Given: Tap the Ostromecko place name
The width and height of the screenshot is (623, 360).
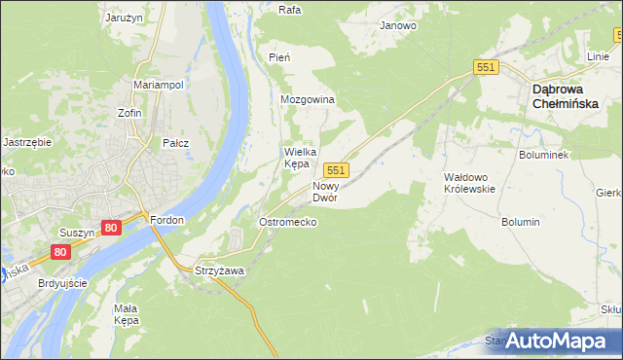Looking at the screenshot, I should [x=287, y=222].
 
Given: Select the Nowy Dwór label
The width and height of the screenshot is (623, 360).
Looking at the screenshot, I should [x=325, y=191].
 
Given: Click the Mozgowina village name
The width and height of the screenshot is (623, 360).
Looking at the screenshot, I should [x=308, y=100].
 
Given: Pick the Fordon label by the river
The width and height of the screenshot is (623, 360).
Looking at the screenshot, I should [x=166, y=220].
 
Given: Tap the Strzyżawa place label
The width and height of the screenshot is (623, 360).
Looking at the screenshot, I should [x=219, y=270].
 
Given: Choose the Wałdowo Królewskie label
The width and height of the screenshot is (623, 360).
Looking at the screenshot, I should [x=470, y=183].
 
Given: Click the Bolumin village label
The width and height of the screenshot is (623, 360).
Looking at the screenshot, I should [x=521, y=222].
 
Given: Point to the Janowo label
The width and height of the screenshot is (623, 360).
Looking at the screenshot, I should [x=398, y=25].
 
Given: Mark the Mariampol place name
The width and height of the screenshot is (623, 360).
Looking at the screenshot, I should [x=159, y=85].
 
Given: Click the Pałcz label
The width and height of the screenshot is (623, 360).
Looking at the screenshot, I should [x=175, y=143].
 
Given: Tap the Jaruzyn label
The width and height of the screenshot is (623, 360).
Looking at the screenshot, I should [x=125, y=18].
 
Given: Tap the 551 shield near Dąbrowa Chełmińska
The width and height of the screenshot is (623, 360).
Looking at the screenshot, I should [x=487, y=66].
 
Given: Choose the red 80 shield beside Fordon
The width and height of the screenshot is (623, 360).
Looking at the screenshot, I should [x=110, y=228].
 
